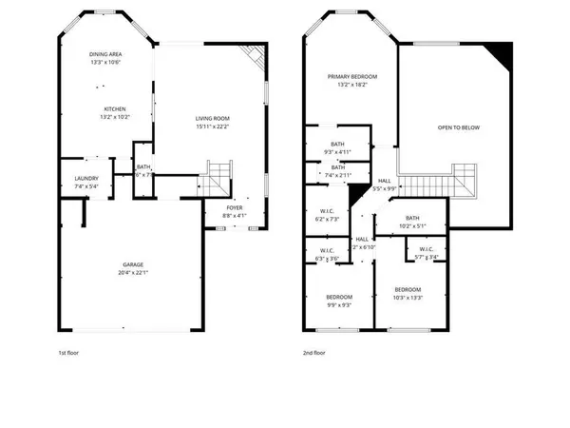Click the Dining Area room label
[105, 54]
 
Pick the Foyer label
[235, 206]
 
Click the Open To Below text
[456, 126]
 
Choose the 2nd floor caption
[314, 353]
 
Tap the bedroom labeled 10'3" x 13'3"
[408, 289]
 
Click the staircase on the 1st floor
[218, 176]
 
